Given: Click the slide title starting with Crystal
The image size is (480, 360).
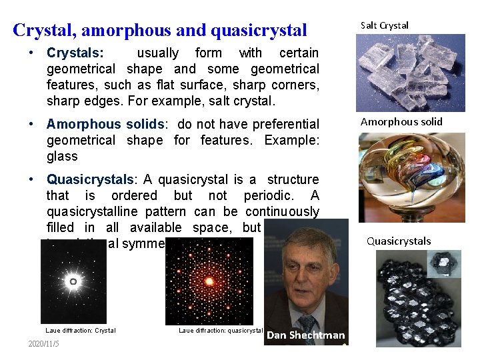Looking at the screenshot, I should coord(160,30).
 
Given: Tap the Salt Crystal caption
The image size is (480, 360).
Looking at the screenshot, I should coord(385,26).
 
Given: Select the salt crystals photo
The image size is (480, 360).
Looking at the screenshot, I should coord(401,73).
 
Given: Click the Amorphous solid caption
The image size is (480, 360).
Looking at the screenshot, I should coord(401,122).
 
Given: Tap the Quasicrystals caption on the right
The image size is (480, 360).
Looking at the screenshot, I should coord(399,241).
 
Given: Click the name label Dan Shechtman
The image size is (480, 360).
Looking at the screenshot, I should coord(305,335).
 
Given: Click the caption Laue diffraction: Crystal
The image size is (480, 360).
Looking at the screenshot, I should coord(81,331).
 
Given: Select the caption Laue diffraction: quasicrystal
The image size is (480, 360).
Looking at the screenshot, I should coord(221,331).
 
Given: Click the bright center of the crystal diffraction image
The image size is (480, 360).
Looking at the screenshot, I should coord(73,282).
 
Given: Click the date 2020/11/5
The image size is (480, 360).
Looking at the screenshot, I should coord(44,343).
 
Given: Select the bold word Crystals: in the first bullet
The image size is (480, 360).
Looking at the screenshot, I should coord(75,53).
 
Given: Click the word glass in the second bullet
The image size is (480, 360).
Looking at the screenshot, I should coord(62,157).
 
